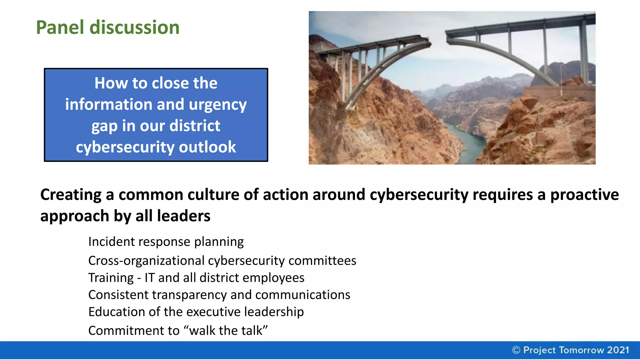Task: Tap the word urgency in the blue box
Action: (x=218, y=105)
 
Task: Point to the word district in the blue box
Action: (x=195, y=126)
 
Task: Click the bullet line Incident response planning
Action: (x=166, y=242)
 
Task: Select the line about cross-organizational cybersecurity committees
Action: (x=222, y=261)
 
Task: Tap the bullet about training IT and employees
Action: (x=196, y=278)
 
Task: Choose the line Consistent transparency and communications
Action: (x=219, y=295)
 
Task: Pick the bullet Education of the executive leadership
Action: (x=196, y=312)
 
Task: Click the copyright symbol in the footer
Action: (x=516, y=350)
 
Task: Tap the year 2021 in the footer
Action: (x=618, y=350)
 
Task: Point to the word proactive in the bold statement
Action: (x=584, y=195)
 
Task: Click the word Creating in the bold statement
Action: (x=71, y=195)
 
